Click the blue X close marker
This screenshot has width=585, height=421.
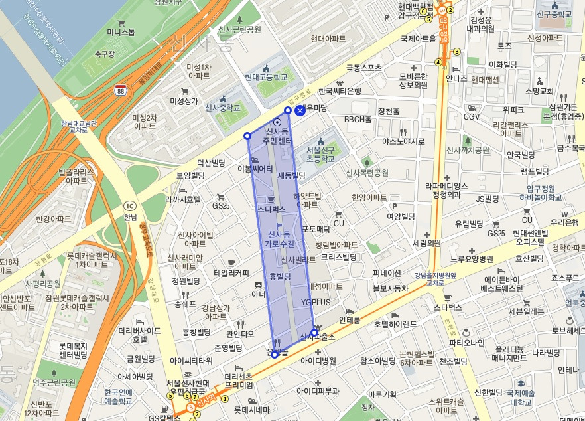click(x=300, y=110)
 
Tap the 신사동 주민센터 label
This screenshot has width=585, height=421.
click(x=279, y=136)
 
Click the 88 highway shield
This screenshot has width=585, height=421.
click(x=120, y=90)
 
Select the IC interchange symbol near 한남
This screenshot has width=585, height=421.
click(x=130, y=205)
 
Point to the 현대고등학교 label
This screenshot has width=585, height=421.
click(x=266, y=77)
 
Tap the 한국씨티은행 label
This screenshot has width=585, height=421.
click(x=340, y=91)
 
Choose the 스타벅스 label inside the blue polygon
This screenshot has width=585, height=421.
click(x=271, y=209)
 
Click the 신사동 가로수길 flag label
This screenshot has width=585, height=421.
click(x=278, y=239)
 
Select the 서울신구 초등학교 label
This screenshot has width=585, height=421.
click(x=320, y=155)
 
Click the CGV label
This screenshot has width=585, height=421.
click(x=472, y=117)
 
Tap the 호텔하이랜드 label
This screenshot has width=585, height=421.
click(x=395, y=325)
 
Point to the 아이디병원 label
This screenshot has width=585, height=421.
click(x=318, y=361)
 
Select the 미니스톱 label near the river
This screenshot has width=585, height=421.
click(x=121, y=31)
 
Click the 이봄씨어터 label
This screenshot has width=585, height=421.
click(x=255, y=169)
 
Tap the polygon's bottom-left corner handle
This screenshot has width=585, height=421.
click(x=275, y=355)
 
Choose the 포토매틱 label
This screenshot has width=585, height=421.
click(x=316, y=229)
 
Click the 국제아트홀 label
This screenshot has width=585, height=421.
click(x=418, y=39)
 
